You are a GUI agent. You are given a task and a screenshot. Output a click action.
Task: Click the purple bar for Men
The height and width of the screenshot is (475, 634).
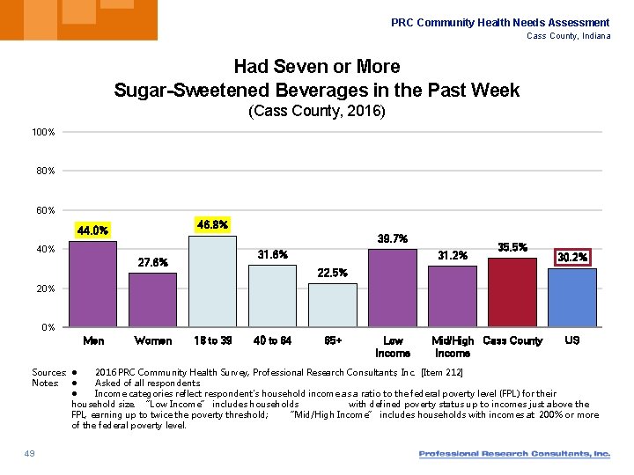(92, 283)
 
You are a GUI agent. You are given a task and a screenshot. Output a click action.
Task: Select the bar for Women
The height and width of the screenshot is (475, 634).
(152, 299)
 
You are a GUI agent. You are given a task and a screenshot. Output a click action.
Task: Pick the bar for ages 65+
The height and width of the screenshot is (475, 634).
(332, 305)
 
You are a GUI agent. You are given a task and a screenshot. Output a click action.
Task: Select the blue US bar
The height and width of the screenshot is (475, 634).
(571, 297)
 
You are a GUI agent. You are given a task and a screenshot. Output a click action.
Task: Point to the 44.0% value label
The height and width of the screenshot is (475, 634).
(92, 230)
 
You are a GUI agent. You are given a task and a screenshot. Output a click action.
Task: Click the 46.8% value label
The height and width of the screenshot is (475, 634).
(212, 225)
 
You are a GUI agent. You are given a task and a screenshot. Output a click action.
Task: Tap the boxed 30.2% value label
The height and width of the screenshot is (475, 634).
(571, 257)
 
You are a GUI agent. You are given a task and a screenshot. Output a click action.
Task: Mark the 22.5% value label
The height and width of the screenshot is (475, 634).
(332, 273)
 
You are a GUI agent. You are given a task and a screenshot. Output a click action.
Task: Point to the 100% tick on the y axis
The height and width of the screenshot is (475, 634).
(43, 132)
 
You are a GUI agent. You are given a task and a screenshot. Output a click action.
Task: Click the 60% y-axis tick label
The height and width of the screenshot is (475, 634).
(46, 210)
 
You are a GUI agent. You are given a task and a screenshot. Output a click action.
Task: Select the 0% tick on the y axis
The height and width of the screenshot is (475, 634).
(48, 327)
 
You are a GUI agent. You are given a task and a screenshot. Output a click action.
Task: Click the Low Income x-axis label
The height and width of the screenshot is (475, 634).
(393, 347)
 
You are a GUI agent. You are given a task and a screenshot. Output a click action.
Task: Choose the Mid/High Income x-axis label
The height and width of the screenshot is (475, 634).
(453, 347)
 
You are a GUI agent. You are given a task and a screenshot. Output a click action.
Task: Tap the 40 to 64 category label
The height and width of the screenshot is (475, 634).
(272, 340)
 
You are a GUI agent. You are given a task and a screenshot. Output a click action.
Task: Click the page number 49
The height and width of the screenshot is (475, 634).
(30, 453)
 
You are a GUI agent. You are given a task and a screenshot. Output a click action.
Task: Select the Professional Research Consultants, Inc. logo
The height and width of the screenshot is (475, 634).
(514, 454)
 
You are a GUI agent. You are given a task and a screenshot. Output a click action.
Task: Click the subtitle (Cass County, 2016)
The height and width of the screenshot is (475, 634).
(317, 113)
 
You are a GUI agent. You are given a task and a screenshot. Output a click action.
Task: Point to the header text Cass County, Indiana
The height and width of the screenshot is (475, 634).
(568, 36)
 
